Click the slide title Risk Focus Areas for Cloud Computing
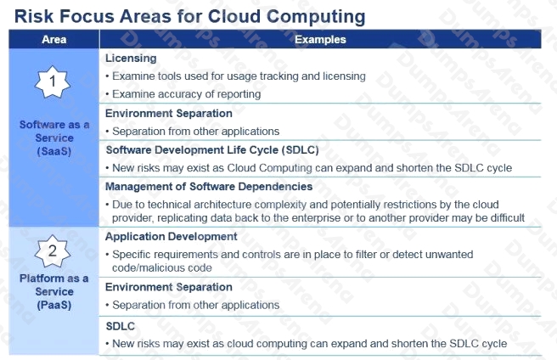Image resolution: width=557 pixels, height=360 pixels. click(189, 16)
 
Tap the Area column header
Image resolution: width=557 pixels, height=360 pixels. click(54, 39)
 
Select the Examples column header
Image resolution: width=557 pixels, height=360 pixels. click(320, 39)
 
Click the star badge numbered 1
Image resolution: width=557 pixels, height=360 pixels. click(53, 82)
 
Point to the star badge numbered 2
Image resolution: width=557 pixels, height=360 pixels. click(53, 251)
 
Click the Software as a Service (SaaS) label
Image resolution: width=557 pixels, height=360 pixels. click(54, 138)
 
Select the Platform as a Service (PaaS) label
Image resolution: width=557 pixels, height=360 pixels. click(54, 291)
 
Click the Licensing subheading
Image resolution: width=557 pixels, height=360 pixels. click(131, 59)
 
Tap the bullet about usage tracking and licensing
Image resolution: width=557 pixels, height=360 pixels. click(236, 76)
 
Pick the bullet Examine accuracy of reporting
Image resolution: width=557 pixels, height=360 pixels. click(183, 94)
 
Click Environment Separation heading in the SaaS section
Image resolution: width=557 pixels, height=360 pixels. click(169, 114)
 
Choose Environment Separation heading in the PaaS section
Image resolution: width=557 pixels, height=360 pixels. click(169, 287)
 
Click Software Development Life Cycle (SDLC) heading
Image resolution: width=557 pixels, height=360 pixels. click(212, 150)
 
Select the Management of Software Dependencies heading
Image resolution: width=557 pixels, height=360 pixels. click(209, 187)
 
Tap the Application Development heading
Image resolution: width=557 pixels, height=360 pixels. click(172, 237)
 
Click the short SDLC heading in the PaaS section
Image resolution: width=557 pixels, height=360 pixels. click(121, 326)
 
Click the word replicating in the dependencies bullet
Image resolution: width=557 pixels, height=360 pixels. click(182, 218)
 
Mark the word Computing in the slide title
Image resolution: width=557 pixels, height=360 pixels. click(316, 17)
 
